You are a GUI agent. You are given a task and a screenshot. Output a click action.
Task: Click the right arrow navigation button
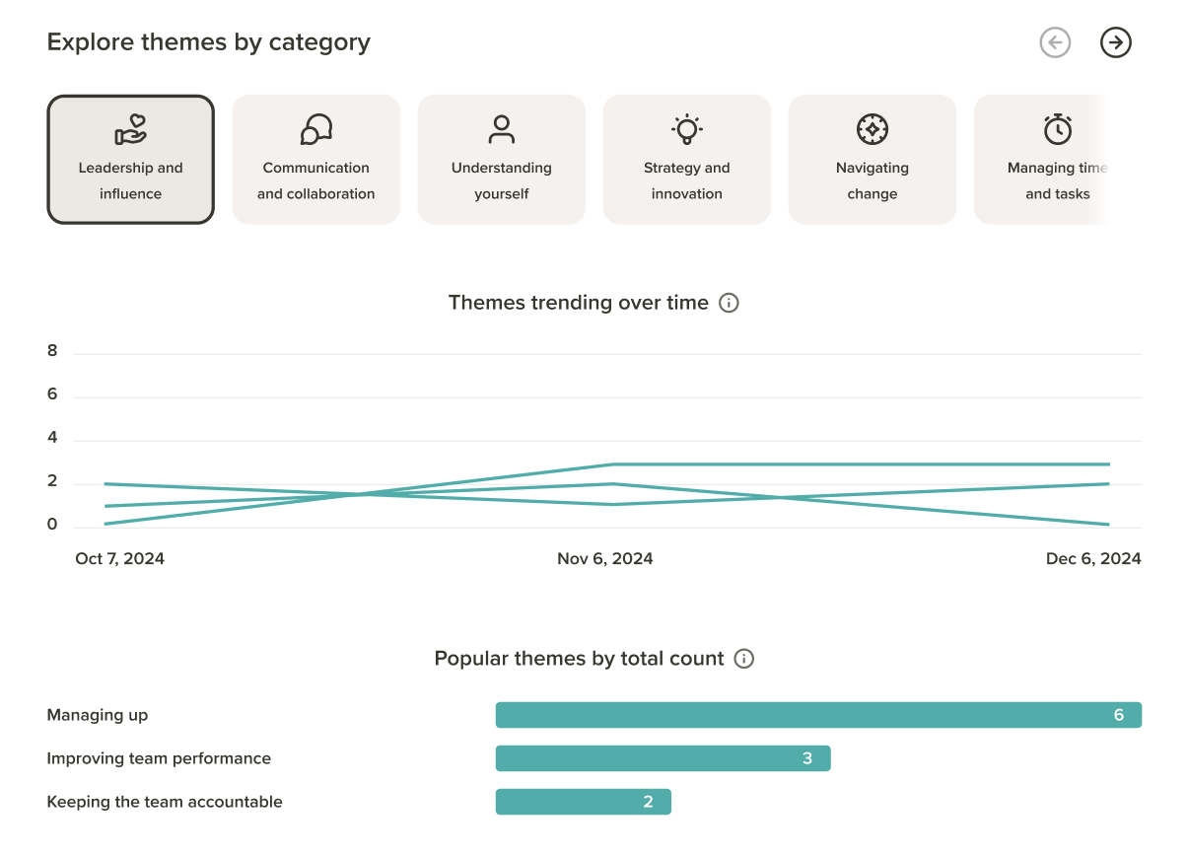pos(1115,42)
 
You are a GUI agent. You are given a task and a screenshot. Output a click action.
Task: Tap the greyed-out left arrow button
pos(1055,42)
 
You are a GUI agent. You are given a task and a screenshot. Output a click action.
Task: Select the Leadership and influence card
pos(130,160)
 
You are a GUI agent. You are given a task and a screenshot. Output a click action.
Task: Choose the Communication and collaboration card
pos(315,160)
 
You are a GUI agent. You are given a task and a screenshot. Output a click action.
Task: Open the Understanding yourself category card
pos(501,160)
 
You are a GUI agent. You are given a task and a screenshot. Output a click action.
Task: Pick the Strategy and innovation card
pos(687,160)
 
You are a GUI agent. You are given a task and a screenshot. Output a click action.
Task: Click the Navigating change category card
pos(873,160)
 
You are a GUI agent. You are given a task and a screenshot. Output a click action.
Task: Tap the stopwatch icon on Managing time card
pos(1058,129)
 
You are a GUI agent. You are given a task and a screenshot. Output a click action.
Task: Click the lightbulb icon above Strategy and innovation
pos(687,129)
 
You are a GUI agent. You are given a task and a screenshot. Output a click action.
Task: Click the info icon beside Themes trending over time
pos(729,303)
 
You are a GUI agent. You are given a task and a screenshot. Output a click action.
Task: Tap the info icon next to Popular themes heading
pos(744,659)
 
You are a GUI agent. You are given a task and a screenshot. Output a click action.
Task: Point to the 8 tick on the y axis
pos(52,350)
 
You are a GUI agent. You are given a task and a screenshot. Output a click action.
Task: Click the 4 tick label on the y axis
pos(52,437)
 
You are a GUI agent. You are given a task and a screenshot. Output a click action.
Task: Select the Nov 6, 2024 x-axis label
pos(604,558)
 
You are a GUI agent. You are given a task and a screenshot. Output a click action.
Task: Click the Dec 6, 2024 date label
pos(1093,558)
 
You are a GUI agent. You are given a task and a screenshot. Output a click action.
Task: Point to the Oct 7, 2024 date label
pos(119,558)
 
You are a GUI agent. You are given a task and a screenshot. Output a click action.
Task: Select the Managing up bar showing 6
pos(818,715)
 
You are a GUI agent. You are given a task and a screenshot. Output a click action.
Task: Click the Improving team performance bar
pos(663,758)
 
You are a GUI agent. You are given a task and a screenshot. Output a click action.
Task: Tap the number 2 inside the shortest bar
pos(648,802)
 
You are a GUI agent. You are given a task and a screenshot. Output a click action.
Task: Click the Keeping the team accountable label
pos(165,802)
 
